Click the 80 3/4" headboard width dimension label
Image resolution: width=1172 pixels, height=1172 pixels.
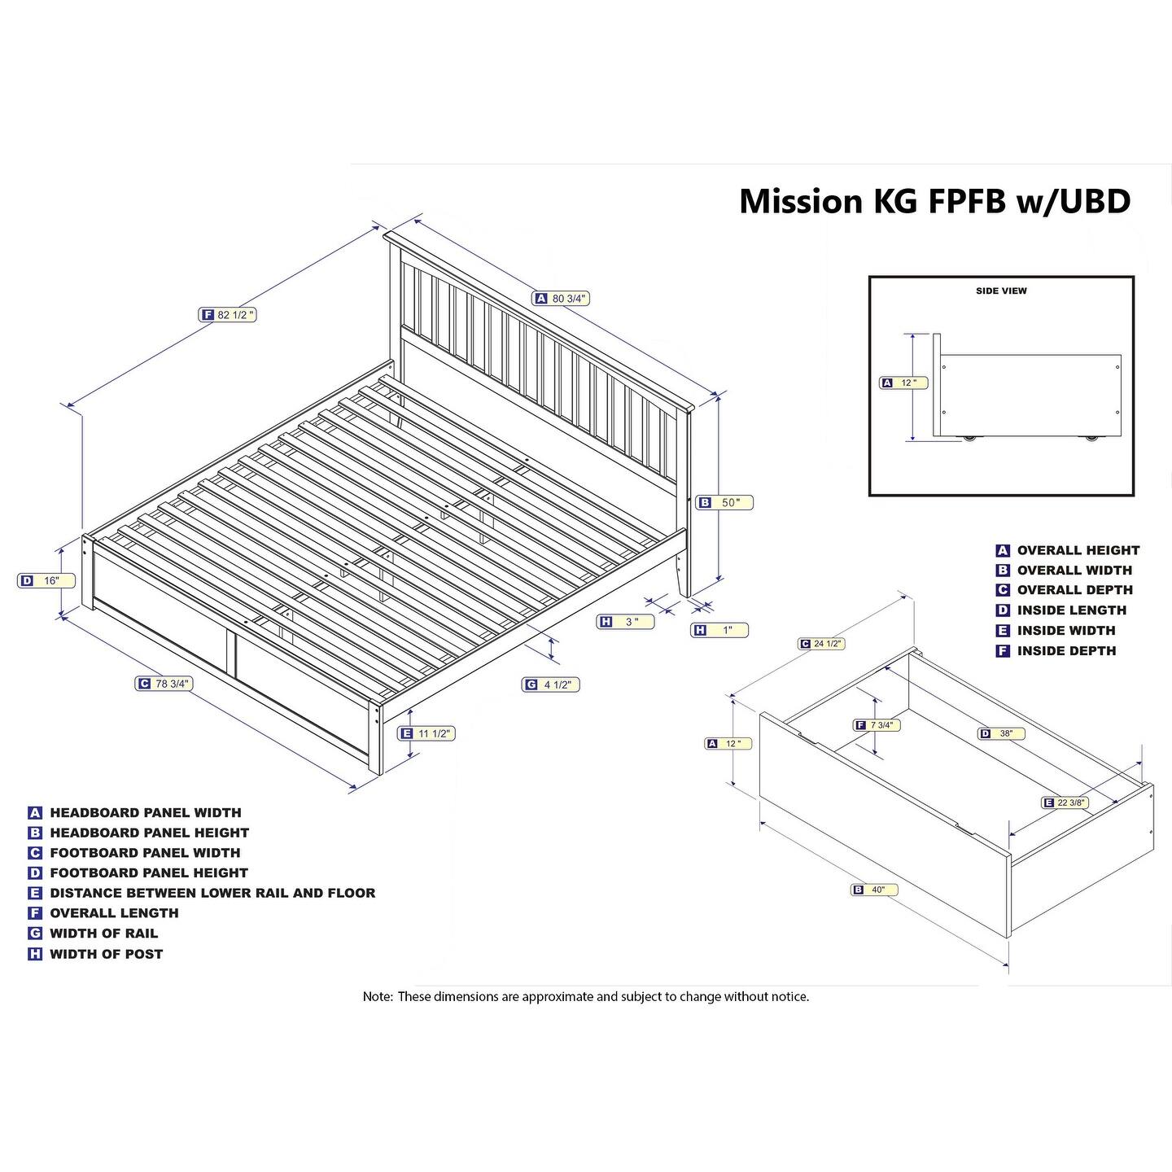click(x=562, y=299)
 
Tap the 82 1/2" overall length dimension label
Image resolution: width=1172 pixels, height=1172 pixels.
click(x=229, y=315)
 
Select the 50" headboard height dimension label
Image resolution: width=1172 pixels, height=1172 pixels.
click(x=724, y=503)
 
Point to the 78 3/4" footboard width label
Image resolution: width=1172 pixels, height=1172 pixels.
click(x=164, y=684)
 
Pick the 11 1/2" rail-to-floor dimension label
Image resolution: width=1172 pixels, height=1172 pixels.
click(x=426, y=734)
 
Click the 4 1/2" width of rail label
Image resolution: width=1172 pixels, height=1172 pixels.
click(x=551, y=685)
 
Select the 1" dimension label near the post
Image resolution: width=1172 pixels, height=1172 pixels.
click(x=719, y=630)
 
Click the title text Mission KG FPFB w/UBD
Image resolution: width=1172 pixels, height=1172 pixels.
click(x=934, y=201)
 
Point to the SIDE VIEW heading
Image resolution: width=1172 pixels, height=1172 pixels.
click(x=1001, y=291)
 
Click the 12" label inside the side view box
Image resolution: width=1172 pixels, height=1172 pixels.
click(x=903, y=383)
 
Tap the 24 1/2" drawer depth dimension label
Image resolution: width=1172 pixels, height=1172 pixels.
click(x=821, y=644)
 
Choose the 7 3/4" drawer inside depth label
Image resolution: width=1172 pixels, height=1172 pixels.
click(x=876, y=725)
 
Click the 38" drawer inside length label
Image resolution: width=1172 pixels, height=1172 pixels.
click(x=1001, y=734)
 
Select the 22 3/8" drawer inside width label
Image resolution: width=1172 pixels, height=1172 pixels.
click(x=1065, y=803)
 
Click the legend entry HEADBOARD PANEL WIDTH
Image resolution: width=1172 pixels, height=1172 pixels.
click(x=136, y=812)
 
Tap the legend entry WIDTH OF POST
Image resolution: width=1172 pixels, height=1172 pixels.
click(x=96, y=954)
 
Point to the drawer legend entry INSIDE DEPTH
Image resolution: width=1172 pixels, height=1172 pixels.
click(x=1056, y=651)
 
